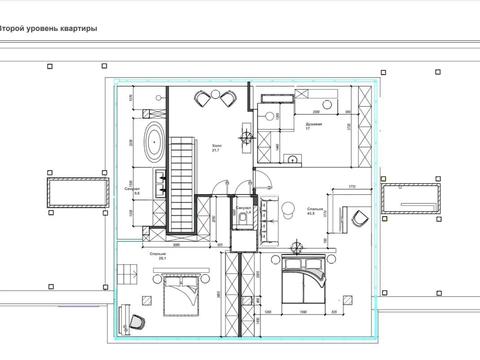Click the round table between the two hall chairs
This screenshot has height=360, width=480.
click(217, 99)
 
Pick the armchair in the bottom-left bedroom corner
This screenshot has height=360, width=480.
click(138, 319)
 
